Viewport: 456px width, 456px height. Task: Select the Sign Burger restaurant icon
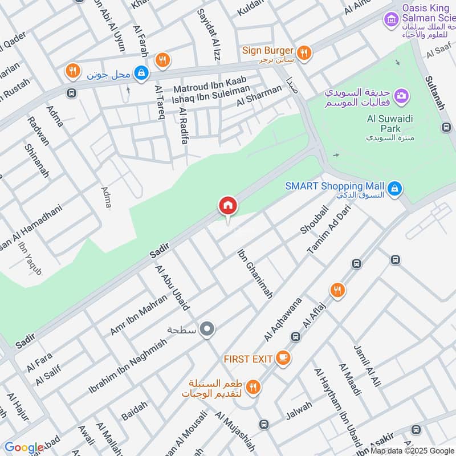coord(304,52)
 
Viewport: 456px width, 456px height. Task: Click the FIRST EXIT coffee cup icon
coord(283,358)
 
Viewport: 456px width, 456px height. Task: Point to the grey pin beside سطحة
coord(208,329)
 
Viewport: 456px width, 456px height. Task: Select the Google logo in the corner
coord(24,447)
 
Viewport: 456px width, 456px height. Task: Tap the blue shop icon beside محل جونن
coord(141,72)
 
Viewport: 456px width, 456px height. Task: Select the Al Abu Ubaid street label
coord(172,287)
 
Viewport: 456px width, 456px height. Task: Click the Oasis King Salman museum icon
coord(391,20)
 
